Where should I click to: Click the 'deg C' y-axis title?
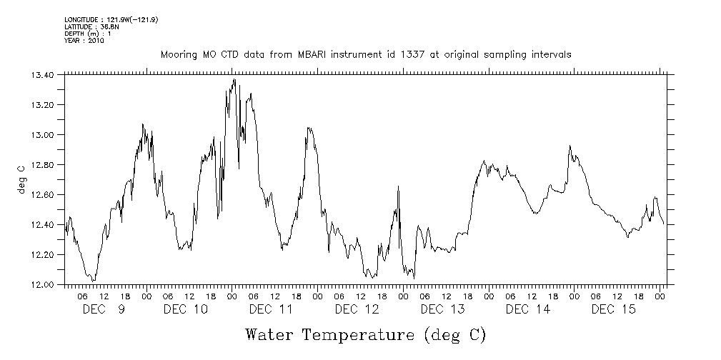coord(21,179)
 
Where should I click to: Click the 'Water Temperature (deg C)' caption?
coord(366,334)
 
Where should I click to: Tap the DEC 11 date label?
coord(271,309)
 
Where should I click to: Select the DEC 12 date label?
coord(357,309)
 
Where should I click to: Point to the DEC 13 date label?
coord(442,309)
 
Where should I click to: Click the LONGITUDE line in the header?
coord(111,20)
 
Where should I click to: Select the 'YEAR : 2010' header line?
coord(84,41)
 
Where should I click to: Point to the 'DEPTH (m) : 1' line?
coord(88,34)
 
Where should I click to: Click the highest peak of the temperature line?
coord(234,79)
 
